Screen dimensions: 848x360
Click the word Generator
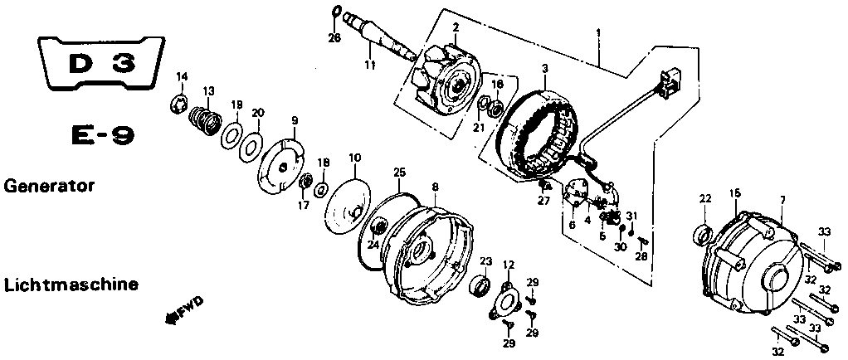[x=49, y=186]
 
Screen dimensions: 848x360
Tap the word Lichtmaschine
[x=71, y=285]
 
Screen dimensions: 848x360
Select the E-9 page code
[x=103, y=136]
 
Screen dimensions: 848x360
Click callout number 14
[x=182, y=76]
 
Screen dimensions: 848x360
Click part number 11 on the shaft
[x=369, y=65]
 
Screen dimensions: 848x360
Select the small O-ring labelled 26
[x=334, y=12]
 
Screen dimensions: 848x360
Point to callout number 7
[x=782, y=201]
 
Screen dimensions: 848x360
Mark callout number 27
[x=543, y=201]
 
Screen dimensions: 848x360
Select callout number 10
[x=355, y=158]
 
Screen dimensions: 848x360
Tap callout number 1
[x=597, y=32]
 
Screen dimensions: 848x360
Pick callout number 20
[x=258, y=113]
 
